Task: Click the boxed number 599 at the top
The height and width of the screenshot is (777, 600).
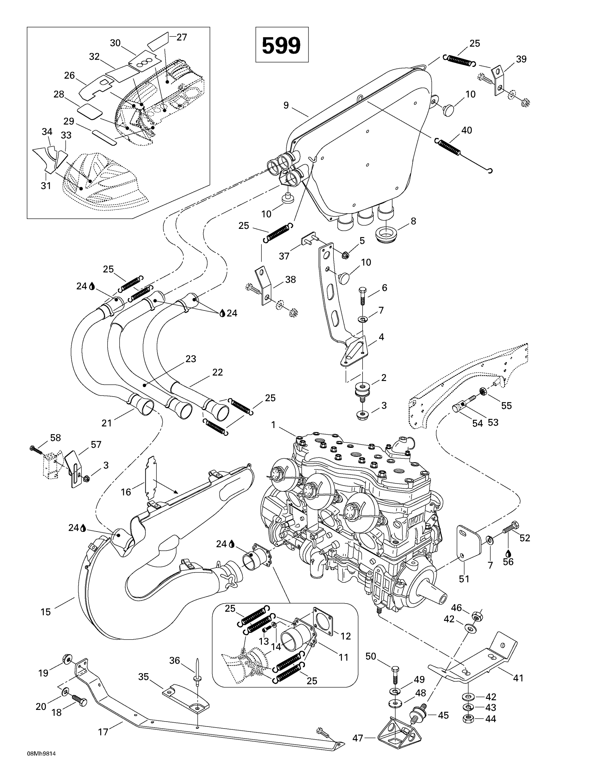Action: (281, 46)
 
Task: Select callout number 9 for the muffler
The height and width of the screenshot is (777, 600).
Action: (286, 105)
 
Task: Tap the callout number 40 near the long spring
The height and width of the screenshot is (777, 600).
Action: (466, 131)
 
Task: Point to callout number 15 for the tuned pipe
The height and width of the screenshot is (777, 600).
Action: (46, 612)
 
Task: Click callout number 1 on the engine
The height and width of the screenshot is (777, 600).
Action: (273, 425)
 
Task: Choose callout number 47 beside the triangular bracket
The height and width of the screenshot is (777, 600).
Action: (358, 738)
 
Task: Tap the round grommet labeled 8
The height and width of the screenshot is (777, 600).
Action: (386, 235)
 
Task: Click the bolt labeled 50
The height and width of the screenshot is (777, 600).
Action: (395, 674)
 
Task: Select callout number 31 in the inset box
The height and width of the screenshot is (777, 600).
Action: (46, 186)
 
